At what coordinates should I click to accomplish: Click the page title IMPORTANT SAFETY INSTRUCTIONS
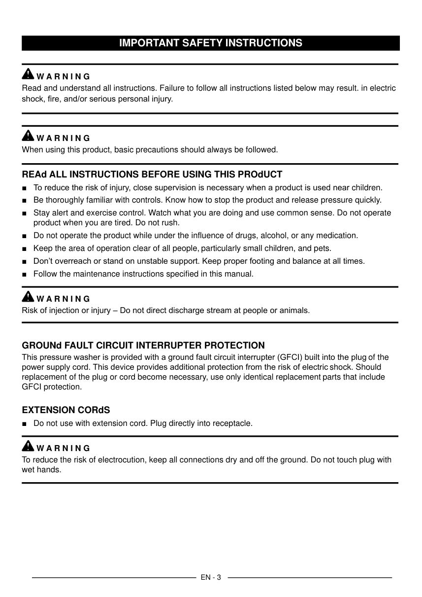211,43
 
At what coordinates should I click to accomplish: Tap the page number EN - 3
211,577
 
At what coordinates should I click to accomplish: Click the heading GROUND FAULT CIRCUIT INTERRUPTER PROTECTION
143,345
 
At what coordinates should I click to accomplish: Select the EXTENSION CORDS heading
66,410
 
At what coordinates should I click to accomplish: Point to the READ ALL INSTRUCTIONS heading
152,175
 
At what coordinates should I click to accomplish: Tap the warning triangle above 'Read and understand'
29,74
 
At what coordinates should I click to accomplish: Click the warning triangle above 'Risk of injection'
29,297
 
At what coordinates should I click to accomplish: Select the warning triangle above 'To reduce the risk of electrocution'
29,446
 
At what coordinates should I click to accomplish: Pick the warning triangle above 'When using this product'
29,136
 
